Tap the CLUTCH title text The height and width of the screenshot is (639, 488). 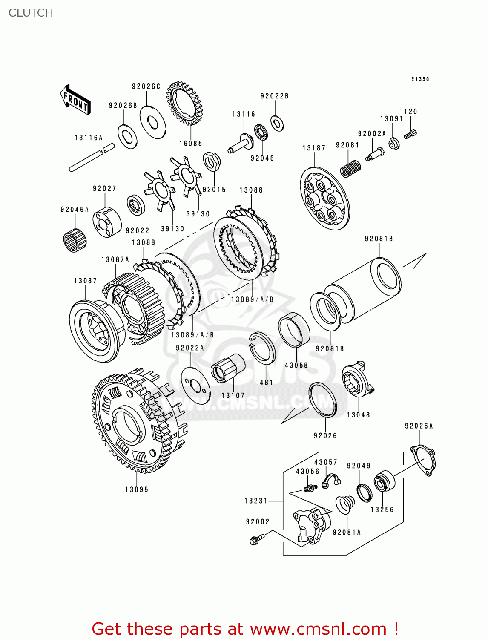(x=31, y=13)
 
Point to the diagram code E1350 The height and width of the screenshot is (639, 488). (x=420, y=79)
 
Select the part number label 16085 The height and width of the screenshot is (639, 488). (x=190, y=144)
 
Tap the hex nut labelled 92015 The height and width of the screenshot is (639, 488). (x=212, y=161)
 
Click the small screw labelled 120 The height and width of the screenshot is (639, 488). (x=410, y=134)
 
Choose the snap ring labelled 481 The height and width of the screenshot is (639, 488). (x=263, y=347)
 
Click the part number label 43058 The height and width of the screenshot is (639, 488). (x=296, y=365)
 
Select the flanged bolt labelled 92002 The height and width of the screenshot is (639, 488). (x=257, y=539)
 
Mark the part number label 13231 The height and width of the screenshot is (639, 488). (x=256, y=501)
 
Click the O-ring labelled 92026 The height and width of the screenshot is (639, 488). (x=322, y=400)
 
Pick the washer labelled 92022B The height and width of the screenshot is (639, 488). (x=277, y=123)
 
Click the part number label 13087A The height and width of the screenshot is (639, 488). (x=115, y=259)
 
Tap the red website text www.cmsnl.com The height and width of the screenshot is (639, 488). (x=318, y=629)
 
